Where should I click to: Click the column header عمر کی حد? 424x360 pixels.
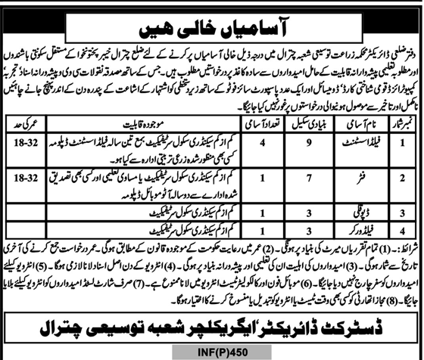tap(23, 122)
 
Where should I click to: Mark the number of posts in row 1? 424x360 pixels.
tap(262, 141)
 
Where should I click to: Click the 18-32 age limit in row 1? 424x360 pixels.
tap(23, 141)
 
